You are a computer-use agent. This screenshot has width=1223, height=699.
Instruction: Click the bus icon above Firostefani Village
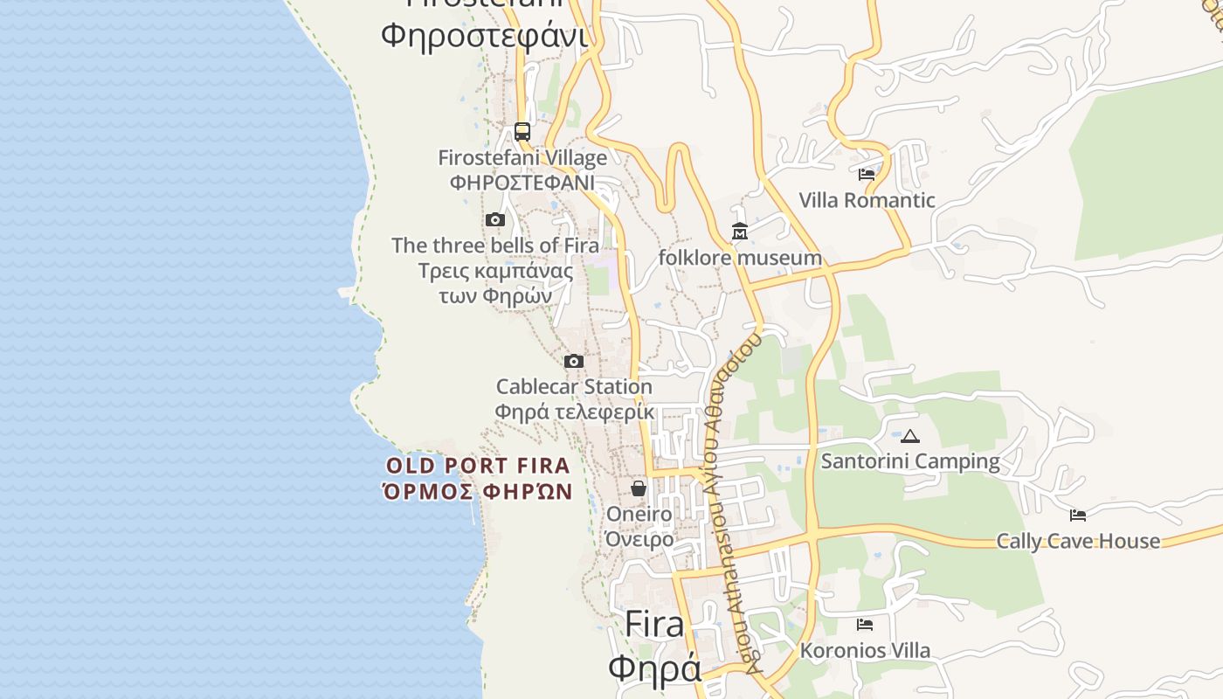tap(522, 132)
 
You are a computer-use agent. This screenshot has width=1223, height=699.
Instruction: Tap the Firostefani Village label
tap(522, 158)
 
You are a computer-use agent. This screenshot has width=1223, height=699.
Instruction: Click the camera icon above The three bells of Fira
tap(495, 219)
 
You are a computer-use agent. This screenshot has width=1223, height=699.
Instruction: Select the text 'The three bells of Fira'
tap(495, 246)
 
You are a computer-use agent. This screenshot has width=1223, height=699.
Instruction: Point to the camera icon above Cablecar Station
tap(574, 361)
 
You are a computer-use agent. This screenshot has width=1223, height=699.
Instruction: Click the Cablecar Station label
tap(574, 386)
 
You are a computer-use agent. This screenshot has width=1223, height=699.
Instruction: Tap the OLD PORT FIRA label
tap(478, 466)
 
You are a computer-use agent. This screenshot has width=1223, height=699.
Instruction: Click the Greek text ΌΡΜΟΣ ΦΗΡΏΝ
tap(478, 491)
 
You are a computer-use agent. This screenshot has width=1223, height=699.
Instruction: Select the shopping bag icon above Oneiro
tap(639, 488)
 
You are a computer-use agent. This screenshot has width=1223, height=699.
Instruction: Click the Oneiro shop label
tap(639, 514)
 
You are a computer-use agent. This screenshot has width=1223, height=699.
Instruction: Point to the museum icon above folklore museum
tap(740, 232)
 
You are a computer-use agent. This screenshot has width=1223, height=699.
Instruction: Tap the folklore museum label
tap(740, 258)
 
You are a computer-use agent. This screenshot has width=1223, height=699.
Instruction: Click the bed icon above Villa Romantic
tap(867, 175)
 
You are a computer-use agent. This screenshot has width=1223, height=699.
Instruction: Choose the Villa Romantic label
tap(867, 200)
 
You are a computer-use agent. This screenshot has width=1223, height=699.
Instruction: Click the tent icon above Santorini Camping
tap(910, 436)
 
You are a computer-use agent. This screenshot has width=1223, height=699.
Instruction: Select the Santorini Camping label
tap(910, 461)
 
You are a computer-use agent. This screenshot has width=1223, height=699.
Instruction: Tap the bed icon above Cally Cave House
tap(1078, 516)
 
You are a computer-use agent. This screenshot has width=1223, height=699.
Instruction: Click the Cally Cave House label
tap(1078, 541)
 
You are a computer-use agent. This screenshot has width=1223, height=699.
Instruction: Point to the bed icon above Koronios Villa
tap(865, 625)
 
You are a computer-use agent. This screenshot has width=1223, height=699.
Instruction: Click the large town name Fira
tap(654, 625)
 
